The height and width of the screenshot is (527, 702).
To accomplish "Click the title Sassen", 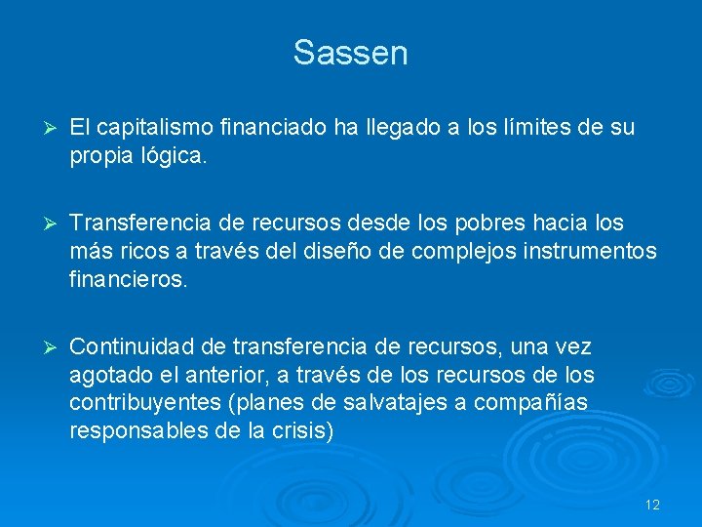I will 350,53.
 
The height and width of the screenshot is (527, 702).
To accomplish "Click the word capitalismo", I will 156,127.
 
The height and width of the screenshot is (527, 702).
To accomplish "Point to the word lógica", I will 174,155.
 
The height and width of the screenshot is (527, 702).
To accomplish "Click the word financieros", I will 126,279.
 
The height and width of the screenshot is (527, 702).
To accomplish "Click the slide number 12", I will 652,505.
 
